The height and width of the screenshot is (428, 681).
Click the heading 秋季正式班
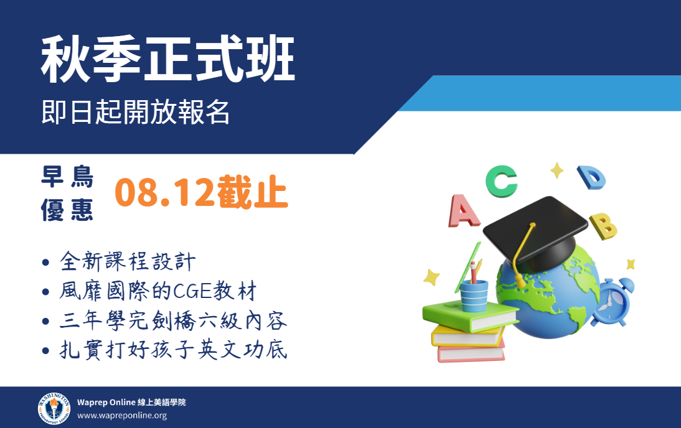point(168,59)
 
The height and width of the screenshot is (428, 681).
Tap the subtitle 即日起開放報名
point(136,112)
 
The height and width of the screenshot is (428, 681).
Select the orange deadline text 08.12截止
point(201,192)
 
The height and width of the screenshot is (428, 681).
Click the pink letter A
point(463,212)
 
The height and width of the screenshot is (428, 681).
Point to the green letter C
point(501,181)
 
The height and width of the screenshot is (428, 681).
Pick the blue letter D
point(592,177)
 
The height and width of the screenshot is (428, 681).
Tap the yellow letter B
point(604,226)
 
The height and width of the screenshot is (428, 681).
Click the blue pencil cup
point(474,296)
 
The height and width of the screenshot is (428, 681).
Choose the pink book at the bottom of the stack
point(471,353)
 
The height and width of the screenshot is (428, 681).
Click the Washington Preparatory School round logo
point(54,409)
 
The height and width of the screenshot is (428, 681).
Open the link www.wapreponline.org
point(122,416)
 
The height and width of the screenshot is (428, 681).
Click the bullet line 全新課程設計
point(128,261)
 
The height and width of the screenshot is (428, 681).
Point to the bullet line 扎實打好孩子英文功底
point(173,350)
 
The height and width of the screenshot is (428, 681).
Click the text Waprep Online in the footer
point(106,402)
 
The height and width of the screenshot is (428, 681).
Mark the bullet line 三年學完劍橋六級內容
point(173,320)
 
